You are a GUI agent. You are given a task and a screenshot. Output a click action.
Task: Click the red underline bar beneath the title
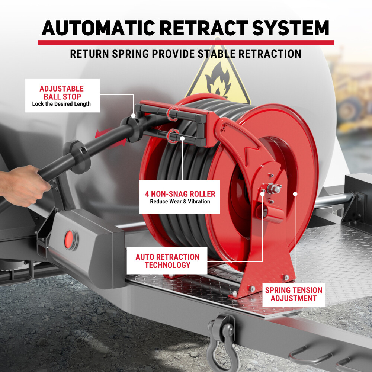tap(186, 42)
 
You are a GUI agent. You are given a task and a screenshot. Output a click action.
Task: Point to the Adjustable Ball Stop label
tap(62, 95)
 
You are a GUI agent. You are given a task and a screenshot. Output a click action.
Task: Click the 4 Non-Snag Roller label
tap(180, 197)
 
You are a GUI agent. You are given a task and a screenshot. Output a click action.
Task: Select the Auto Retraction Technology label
tap(167, 261)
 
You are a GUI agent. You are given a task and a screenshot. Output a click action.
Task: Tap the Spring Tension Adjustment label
tap(294, 294)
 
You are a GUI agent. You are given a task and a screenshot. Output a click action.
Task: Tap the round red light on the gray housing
tap(70, 238)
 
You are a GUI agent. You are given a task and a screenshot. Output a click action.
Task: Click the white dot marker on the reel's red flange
tap(295, 193)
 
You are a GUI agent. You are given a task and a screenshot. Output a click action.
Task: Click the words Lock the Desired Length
tap(61, 104)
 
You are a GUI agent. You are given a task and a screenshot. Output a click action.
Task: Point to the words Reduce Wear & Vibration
tap(180, 202)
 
